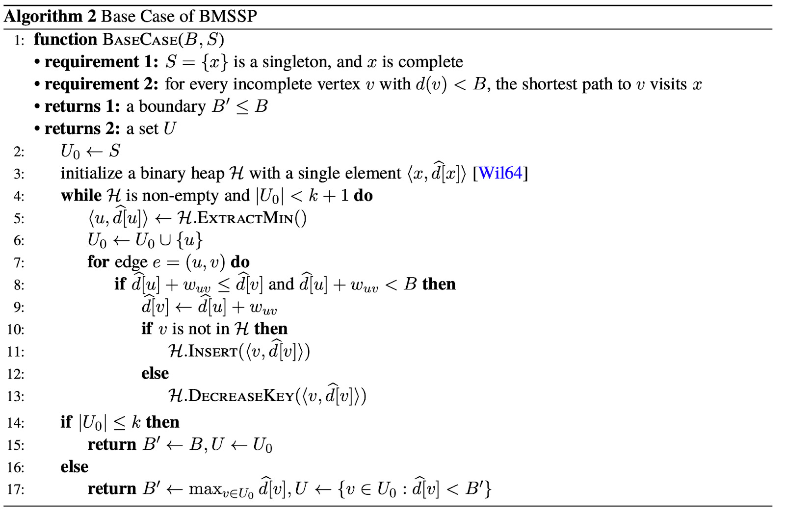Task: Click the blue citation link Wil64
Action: coord(500,173)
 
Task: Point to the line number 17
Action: coord(16,490)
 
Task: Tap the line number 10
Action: coord(16,329)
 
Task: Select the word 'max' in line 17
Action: coord(205,489)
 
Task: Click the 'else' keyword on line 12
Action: coord(155,373)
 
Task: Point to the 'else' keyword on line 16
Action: coord(74,466)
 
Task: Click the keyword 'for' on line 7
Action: coord(98,262)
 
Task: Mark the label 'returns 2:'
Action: coord(82,129)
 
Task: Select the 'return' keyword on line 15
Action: coord(112,444)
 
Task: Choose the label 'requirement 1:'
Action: coord(101,62)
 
